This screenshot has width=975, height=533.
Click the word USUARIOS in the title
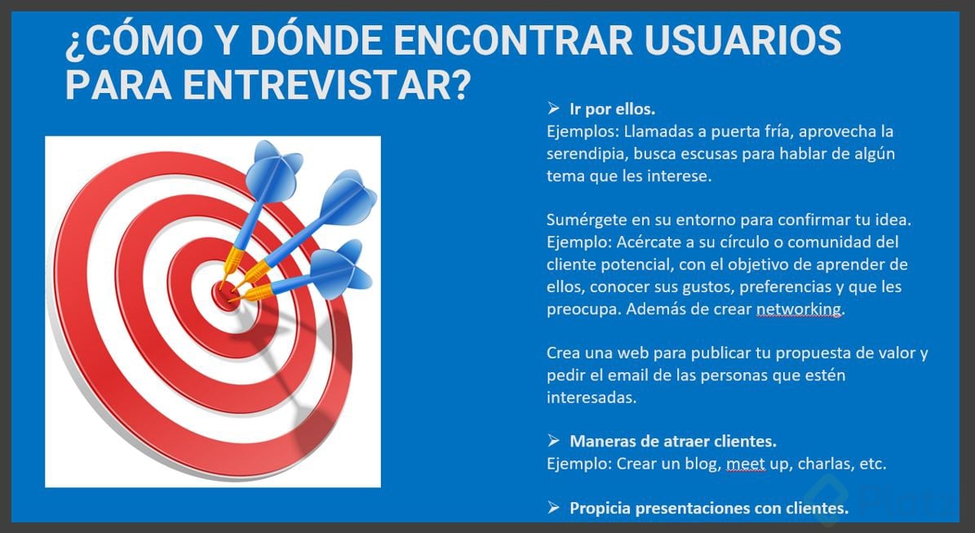click(742, 41)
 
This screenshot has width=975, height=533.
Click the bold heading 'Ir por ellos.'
click(613, 109)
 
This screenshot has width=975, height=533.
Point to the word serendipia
click(584, 154)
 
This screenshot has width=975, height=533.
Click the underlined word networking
click(799, 309)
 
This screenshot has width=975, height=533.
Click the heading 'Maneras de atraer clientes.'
click(673, 442)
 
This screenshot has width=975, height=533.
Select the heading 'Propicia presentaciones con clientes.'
click(710, 509)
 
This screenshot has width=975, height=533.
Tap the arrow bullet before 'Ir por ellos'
click(553, 109)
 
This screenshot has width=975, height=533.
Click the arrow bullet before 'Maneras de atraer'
click(553, 441)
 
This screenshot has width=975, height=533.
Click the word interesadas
click(592, 398)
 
